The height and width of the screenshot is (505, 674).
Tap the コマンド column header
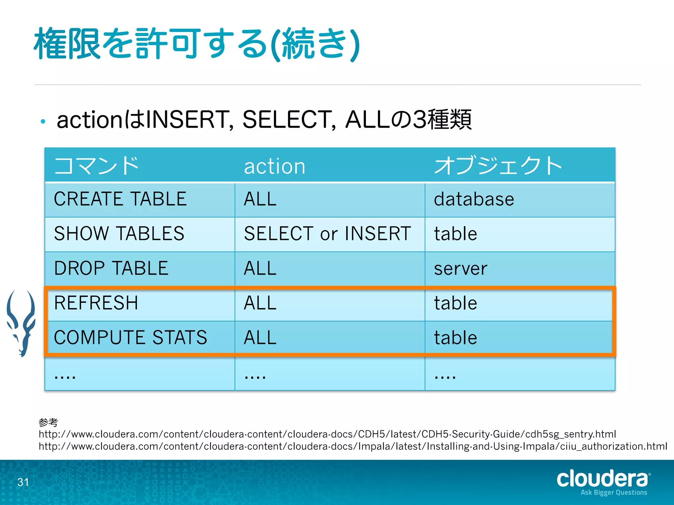point(96,165)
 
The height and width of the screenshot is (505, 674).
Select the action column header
point(274,166)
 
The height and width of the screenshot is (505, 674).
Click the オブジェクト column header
point(498,165)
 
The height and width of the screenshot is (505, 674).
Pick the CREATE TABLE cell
point(120,199)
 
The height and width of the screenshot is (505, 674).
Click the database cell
point(474,200)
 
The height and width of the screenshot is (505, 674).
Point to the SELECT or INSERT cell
point(327,234)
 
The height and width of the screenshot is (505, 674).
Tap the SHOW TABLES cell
point(119,234)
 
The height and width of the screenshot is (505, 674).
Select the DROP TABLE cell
point(111,268)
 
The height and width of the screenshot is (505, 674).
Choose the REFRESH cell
point(96,303)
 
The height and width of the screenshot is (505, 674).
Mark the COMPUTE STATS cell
point(131,338)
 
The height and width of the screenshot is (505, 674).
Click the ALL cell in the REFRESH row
point(260,303)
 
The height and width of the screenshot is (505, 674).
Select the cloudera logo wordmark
point(602,479)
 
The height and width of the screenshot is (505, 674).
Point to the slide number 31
point(23,482)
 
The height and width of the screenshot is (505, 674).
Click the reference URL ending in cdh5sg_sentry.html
point(327,434)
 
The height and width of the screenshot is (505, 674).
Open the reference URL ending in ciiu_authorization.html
point(353,446)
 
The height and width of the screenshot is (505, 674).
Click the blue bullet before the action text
point(43,122)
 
